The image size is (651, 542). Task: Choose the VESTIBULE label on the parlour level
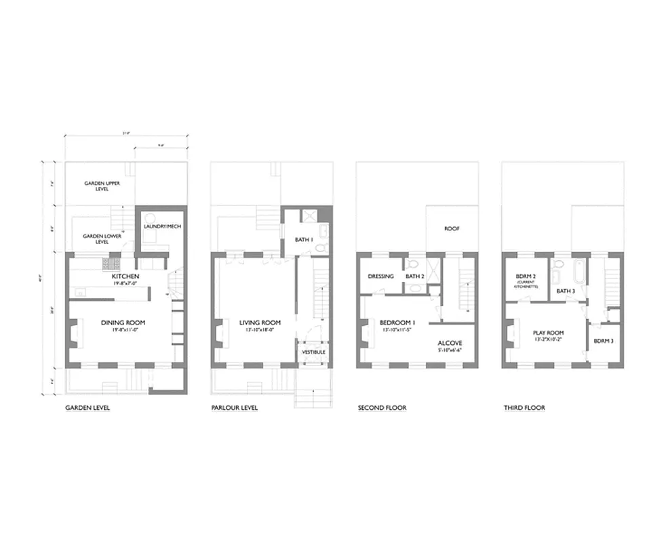[313, 352]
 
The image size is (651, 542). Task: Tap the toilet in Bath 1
[321, 248]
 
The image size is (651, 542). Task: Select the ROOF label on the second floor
[452, 229]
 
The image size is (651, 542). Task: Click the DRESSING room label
[380, 276]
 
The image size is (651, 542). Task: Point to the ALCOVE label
[450, 343]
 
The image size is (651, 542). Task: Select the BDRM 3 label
[603, 341]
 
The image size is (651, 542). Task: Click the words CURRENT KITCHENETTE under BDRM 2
[526, 285]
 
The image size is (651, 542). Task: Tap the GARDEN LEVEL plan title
[87, 408]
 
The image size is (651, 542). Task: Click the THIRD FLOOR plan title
[524, 408]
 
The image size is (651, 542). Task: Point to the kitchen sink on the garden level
[81, 293]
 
